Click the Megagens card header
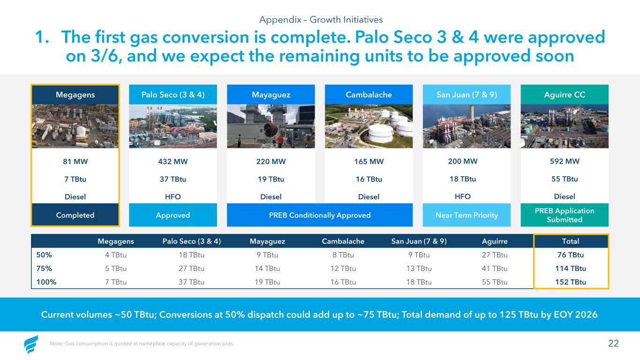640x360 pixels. (x=75, y=95)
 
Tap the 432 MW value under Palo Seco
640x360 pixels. (x=173, y=161)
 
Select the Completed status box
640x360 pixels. (x=75, y=215)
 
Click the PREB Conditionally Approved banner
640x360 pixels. (x=320, y=215)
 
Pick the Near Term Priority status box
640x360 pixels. (x=467, y=215)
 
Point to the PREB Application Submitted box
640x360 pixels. (x=565, y=215)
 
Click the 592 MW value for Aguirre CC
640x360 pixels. (x=565, y=161)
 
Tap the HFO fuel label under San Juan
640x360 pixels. (x=463, y=196)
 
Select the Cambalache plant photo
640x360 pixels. (x=369, y=126)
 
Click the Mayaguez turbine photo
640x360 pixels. (x=271, y=126)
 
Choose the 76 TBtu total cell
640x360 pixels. (x=570, y=255)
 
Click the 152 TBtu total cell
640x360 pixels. (x=570, y=282)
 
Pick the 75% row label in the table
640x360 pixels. (x=44, y=268)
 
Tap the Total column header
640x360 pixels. (x=570, y=241)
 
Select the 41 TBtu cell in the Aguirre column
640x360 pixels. (x=495, y=268)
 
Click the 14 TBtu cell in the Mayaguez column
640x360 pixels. (x=267, y=268)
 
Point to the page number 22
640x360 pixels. (x=613, y=343)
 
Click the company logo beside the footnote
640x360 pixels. (x=30, y=344)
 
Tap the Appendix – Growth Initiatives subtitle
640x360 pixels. (x=321, y=19)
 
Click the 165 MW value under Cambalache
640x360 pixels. (x=369, y=161)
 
